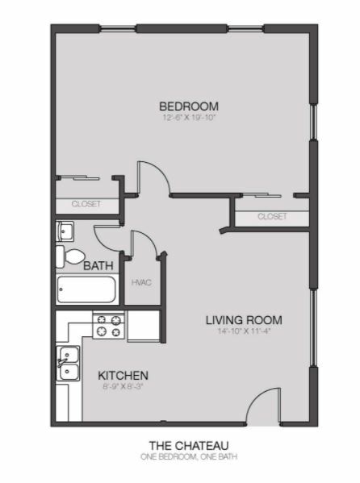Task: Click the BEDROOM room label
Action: [189, 106]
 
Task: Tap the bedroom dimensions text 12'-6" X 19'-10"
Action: [189, 118]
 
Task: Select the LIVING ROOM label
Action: [244, 320]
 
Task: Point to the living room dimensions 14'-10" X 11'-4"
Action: [244, 331]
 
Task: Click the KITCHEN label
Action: [123, 376]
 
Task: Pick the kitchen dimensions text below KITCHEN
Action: [123, 386]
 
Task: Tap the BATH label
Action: [98, 266]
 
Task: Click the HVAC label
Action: [141, 282]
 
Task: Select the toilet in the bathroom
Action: [70, 256]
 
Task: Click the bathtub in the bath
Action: [86, 289]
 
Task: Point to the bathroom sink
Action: [65, 231]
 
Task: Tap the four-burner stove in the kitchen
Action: [109, 327]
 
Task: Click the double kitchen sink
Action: [69, 364]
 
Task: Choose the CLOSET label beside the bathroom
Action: [86, 204]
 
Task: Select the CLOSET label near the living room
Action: [272, 216]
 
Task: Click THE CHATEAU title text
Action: [189, 446]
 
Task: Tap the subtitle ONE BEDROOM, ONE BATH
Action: [189, 456]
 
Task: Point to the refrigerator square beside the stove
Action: [144, 326]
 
